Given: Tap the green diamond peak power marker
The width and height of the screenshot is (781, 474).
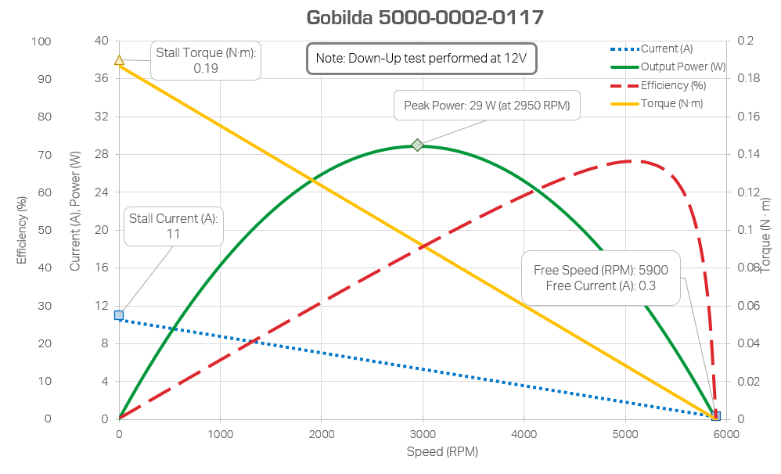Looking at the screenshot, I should [x=418, y=145].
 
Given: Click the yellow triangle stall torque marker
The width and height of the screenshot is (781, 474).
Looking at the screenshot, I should [x=119, y=60].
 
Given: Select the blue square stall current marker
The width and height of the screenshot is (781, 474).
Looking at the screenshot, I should [x=119, y=315].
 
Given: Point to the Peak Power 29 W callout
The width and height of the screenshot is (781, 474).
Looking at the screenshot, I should [x=486, y=106].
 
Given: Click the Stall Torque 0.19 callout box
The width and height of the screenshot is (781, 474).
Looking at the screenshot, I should [x=205, y=60].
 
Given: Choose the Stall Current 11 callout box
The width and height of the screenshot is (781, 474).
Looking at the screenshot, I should [x=174, y=226].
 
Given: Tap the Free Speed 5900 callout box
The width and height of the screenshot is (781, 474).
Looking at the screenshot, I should [x=601, y=278].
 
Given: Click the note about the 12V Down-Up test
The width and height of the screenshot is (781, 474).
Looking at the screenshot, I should [x=421, y=59].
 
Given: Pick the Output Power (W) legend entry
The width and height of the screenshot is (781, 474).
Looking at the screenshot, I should [x=670, y=67].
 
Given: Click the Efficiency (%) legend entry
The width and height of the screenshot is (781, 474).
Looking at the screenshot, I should [x=662, y=85].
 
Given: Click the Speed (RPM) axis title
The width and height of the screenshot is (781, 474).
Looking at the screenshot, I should [x=442, y=452].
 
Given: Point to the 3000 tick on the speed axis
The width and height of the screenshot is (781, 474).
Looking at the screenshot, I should [x=423, y=434].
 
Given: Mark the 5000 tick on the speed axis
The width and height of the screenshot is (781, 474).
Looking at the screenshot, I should [x=624, y=434].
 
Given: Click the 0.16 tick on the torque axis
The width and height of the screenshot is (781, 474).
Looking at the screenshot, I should [x=749, y=117].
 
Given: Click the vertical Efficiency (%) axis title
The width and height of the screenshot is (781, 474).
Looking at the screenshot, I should [x=22, y=232].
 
